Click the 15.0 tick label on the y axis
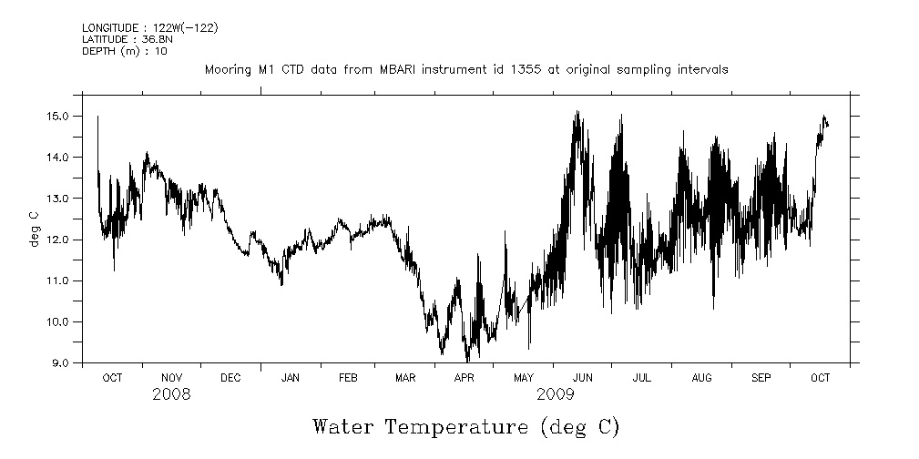tap(60, 116)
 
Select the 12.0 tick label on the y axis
tap(60, 240)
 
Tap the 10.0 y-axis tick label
tap(60, 322)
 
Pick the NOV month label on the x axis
tap(171, 377)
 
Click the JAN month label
tap(291, 377)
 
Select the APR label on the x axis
tap(465, 377)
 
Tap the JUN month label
tap(583, 377)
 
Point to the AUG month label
tap(701, 377)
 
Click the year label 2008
tap(171, 394)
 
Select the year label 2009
tap(555, 394)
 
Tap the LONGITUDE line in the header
tap(149, 28)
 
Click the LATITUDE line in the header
tap(121, 39)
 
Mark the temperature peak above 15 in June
tap(577, 112)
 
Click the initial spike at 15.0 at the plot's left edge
tap(97, 117)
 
